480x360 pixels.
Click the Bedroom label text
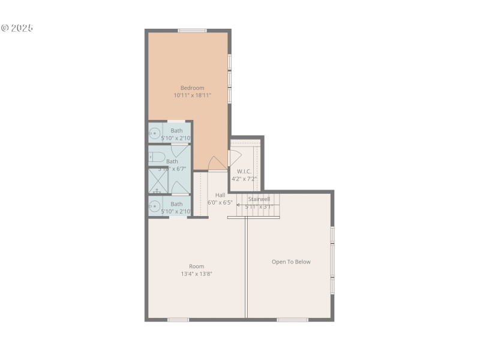(193, 88)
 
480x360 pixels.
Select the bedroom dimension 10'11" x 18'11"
(193, 95)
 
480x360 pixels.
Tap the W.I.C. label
(244, 171)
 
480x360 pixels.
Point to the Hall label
(220, 195)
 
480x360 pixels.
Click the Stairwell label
(259, 199)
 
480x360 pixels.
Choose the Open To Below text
(291, 262)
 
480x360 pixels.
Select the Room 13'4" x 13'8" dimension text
(197, 274)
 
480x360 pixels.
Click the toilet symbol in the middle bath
(157, 157)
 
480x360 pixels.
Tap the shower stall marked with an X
(158, 181)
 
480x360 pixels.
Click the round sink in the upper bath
(155, 134)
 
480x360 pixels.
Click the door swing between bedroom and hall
(217, 164)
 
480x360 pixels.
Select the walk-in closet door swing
(235, 158)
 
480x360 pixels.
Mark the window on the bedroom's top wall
(192, 31)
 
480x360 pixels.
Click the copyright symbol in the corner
(5, 28)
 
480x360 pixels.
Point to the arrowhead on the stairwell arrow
(238, 206)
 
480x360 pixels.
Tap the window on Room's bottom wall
(178, 319)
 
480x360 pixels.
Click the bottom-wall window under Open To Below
(293, 319)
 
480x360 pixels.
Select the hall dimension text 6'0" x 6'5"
(220, 203)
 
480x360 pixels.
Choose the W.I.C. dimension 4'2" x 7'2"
(244, 179)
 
